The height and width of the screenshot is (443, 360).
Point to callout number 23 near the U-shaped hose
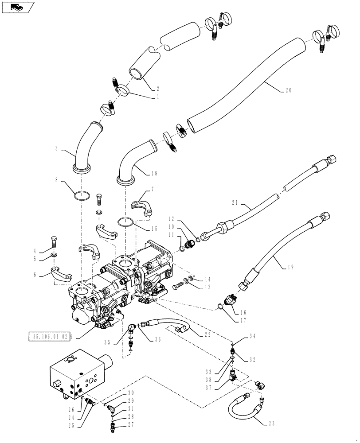(x=271, y=424)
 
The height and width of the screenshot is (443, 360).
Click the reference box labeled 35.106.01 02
(x=50, y=337)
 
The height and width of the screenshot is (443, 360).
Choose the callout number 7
(x=153, y=189)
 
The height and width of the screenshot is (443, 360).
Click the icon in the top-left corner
(x=17, y=7)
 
